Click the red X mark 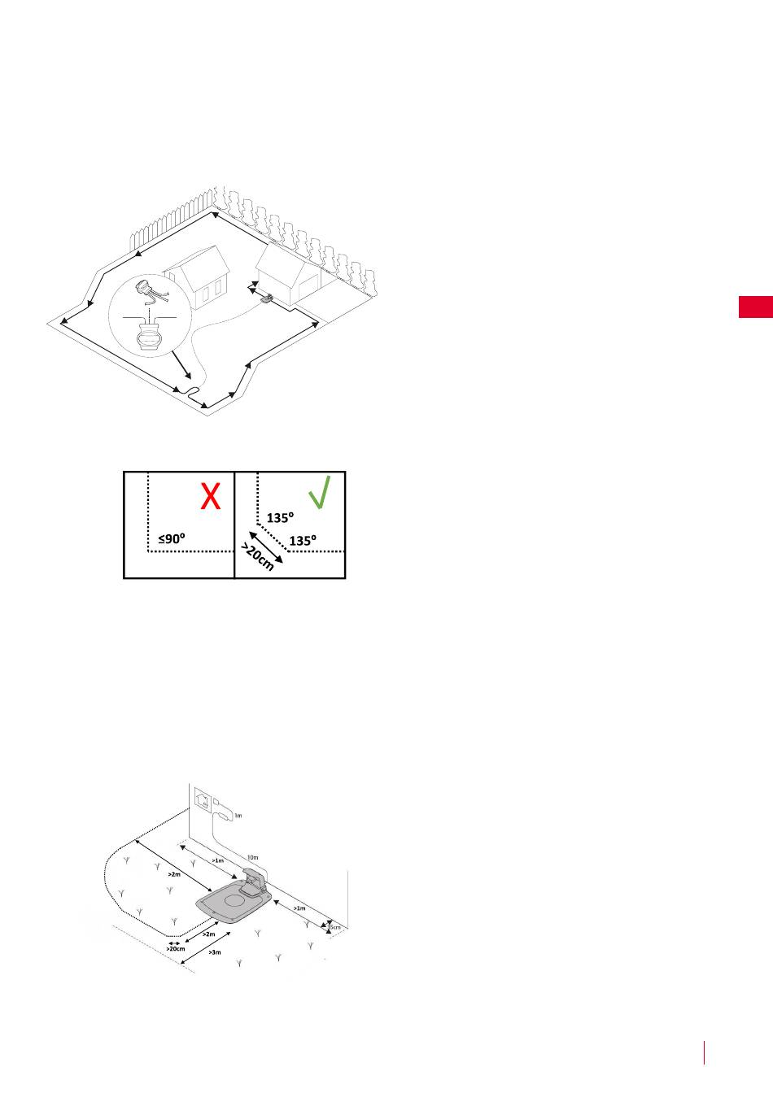pyautogui.click(x=211, y=496)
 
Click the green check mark pyautogui.click(x=320, y=493)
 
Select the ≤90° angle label pyautogui.click(x=173, y=538)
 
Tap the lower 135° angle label pyautogui.click(x=304, y=540)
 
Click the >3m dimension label pyautogui.click(x=214, y=951)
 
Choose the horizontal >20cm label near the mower pyautogui.click(x=175, y=948)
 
